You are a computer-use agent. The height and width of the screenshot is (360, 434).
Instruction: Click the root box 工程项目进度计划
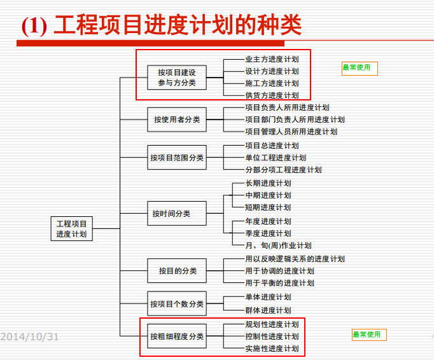click(x=71, y=228)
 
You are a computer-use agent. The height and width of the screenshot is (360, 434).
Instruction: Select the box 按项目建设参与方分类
click(x=177, y=78)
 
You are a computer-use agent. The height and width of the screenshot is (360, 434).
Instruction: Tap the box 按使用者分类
click(x=177, y=119)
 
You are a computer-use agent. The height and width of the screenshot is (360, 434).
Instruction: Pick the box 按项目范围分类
click(x=177, y=157)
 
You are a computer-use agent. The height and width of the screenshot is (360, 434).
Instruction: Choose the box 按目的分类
click(x=177, y=271)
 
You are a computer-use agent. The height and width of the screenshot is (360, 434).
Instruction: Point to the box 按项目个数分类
click(x=177, y=304)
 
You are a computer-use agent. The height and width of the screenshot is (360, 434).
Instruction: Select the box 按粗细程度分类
click(x=177, y=336)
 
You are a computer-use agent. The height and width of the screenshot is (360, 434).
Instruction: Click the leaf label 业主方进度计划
click(x=272, y=59)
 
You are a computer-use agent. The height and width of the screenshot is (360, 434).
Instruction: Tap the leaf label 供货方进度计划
click(x=272, y=95)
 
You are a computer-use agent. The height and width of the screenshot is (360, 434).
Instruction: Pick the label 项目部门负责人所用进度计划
click(x=295, y=120)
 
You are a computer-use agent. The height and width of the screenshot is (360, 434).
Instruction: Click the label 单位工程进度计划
click(x=276, y=158)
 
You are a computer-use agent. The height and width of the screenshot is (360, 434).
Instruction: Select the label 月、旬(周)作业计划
click(x=278, y=246)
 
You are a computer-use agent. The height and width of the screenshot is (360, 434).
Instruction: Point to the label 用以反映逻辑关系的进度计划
click(x=295, y=259)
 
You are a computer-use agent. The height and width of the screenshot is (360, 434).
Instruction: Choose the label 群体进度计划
click(x=268, y=310)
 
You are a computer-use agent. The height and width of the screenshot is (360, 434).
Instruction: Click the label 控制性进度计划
click(x=272, y=336)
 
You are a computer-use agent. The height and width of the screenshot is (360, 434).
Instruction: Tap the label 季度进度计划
click(x=268, y=233)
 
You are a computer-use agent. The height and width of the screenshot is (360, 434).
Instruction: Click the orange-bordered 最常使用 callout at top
click(x=359, y=68)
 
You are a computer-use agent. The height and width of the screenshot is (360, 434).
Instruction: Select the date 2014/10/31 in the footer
click(x=29, y=336)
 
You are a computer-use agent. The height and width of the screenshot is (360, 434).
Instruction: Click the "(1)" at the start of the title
click(x=34, y=26)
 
